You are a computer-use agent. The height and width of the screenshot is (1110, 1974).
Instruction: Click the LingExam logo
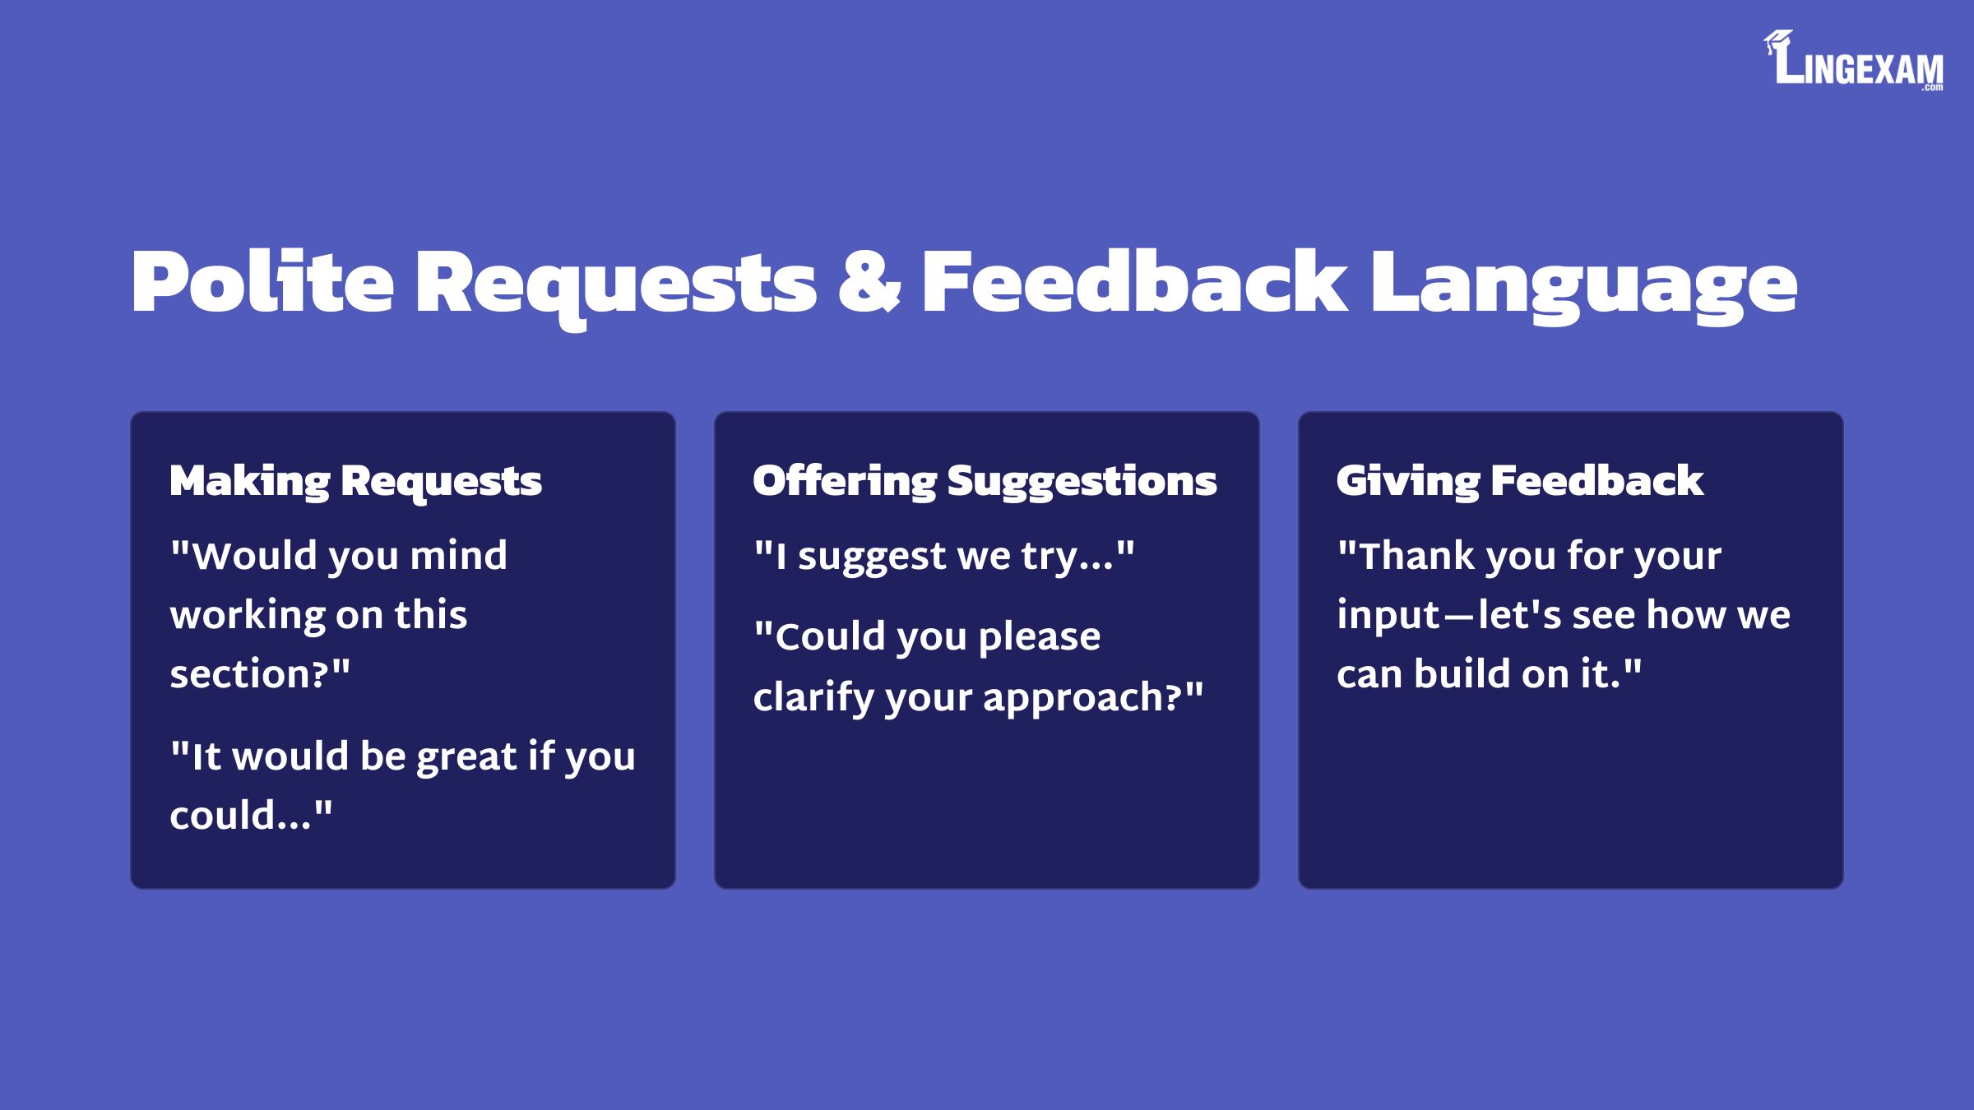(1853, 60)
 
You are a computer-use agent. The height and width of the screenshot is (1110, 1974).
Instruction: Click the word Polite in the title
(262, 282)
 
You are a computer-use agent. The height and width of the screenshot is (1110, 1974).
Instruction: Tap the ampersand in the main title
(869, 282)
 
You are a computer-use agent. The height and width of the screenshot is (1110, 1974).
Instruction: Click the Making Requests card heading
(355, 481)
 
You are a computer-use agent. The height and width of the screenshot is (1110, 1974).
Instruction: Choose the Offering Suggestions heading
(985, 481)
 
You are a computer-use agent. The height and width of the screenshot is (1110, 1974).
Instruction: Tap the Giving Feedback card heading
(1520, 481)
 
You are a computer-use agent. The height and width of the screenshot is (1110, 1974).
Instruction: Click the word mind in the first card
(459, 555)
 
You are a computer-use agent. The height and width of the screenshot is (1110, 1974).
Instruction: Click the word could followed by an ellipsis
(240, 815)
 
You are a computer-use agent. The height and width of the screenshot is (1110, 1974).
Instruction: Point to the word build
(1462, 673)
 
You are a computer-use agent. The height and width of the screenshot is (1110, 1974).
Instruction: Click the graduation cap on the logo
(1777, 40)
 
